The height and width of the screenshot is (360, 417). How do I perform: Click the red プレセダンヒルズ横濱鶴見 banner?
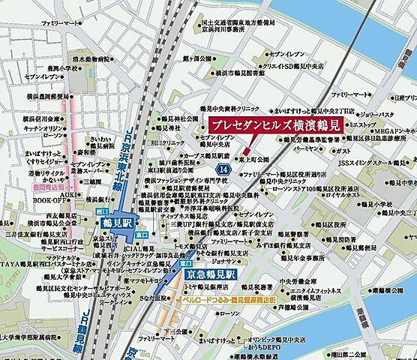point(273,126)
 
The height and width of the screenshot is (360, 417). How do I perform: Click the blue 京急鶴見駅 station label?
point(211,275)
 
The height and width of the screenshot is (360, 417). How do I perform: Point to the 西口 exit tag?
point(103,212)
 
